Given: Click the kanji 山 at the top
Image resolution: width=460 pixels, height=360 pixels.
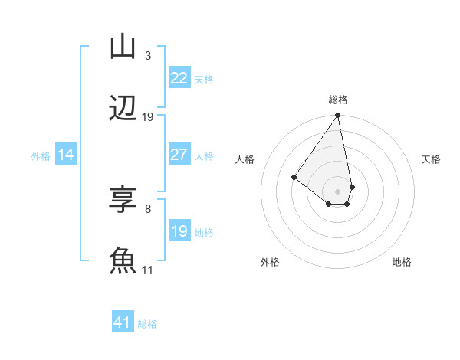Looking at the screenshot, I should (122, 47).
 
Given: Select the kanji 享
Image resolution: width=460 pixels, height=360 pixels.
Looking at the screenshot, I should (122, 201).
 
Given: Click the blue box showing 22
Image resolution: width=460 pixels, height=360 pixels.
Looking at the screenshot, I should (179, 78).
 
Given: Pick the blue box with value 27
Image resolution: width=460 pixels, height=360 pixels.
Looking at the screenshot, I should (179, 155).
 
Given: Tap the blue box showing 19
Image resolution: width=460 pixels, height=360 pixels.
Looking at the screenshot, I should (179, 231).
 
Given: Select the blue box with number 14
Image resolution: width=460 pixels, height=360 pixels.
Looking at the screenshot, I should (66, 155).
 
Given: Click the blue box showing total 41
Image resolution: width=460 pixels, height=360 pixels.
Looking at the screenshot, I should (123, 322).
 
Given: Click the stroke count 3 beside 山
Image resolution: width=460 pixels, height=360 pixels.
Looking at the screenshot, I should (147, 56).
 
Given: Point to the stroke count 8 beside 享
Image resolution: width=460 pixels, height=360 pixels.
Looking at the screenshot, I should (147, 208).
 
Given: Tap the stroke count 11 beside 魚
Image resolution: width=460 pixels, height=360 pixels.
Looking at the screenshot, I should (148, 270).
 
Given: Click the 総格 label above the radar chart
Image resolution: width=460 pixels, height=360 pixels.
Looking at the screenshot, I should (338, 100).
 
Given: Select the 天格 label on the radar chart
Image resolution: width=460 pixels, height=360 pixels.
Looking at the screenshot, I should (431, 159).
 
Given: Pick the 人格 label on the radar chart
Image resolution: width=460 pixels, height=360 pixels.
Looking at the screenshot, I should (245, 159).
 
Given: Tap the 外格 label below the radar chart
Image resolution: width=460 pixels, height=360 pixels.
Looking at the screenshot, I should (270, 262).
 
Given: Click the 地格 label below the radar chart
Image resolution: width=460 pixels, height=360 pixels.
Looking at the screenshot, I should (402, 262).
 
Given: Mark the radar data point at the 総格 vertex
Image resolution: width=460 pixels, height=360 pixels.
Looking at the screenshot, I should (337, 116).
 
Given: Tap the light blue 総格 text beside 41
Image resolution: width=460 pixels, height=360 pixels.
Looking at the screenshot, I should (148, 324).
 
